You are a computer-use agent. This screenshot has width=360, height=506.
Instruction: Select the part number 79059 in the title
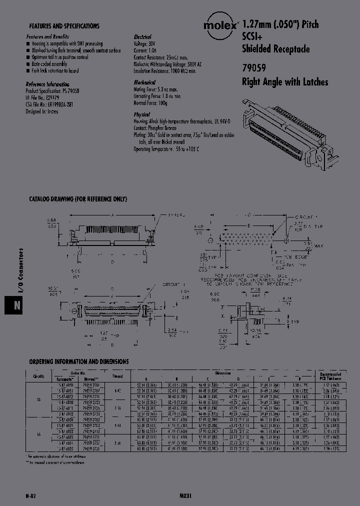[x=254, y=69]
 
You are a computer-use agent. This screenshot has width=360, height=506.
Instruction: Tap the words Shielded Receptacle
[x=275, y=49]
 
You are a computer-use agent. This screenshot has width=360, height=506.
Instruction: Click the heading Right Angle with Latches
[x=285, y=82]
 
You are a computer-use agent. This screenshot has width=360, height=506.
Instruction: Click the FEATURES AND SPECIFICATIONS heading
[x=64, y=26]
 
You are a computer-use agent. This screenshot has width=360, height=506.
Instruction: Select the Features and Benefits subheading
[x=47, y=37]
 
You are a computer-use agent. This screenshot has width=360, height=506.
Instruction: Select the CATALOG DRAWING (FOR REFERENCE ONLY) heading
[x=77, y=199]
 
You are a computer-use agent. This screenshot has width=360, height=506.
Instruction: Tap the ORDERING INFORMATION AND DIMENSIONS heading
[x=78, y=361]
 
